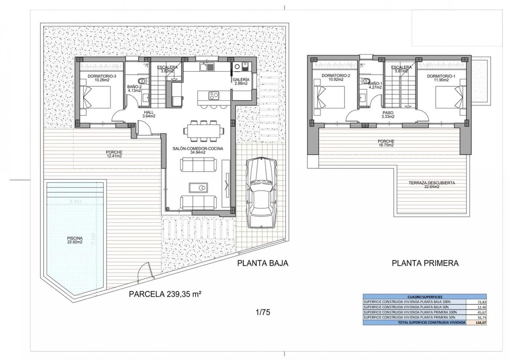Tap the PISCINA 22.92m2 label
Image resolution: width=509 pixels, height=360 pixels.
click(x=75, y=240)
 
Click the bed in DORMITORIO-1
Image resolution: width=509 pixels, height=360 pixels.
click(x=449, y=98)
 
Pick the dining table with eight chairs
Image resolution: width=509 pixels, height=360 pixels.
click(x=203, y=130)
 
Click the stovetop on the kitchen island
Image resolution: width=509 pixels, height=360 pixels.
click(x=213, y=96)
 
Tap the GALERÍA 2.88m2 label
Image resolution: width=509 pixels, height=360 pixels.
click(x=241, y=81)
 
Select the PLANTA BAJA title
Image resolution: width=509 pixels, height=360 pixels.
click(x=262, y=263)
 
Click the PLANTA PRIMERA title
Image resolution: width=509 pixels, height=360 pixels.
click(x=425, y=263)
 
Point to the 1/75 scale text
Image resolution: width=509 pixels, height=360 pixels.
click(x=263, y=312)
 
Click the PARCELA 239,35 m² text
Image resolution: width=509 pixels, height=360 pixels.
click(x=165, y=295)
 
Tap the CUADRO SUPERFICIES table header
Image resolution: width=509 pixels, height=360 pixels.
click(x=425, y=297)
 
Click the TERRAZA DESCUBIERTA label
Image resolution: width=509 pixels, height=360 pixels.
click(x=432, y=185)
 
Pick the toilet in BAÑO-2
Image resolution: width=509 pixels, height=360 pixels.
click(x=142, y=81)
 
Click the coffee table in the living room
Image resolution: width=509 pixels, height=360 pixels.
click(x=198, y=188)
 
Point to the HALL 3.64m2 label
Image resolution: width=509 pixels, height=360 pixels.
click(x=149, y=114)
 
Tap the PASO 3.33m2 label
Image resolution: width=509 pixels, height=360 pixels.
click(x=388, y=115)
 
